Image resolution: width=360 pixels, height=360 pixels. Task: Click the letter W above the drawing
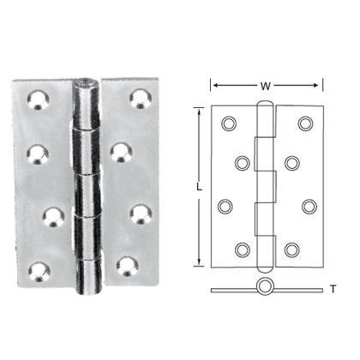[267, 85]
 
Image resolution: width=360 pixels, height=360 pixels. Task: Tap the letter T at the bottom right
[333, 289]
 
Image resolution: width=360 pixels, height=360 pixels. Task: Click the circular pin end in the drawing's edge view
[265, 286]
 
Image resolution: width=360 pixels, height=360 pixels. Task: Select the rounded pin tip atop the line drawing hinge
[267, 108]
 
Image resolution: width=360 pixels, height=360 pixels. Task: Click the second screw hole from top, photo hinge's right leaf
[119, 153]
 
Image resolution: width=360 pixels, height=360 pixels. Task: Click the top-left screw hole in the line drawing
[229, 124]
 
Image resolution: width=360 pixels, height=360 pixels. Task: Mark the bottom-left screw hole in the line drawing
[243, 249]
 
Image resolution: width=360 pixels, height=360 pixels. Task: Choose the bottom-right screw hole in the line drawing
[292, 249]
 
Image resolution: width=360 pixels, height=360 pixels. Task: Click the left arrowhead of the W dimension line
[214, 85]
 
